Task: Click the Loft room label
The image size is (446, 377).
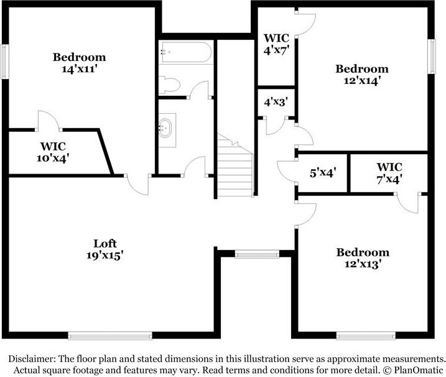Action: click(x=105, y=243)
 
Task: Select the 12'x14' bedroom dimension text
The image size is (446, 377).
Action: click(x=362, y=80)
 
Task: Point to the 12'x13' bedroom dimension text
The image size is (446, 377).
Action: click(x=363, y=263)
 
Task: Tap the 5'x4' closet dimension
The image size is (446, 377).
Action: click(x=322, y=173)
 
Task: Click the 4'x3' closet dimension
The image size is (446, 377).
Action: click(x=276, y=100)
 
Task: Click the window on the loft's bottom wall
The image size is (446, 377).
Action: click(x=109, y=336)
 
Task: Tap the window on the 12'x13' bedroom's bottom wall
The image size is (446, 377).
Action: click(x=366, y=336)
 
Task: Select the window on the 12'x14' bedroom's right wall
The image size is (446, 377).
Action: click(x=430, y=57)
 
